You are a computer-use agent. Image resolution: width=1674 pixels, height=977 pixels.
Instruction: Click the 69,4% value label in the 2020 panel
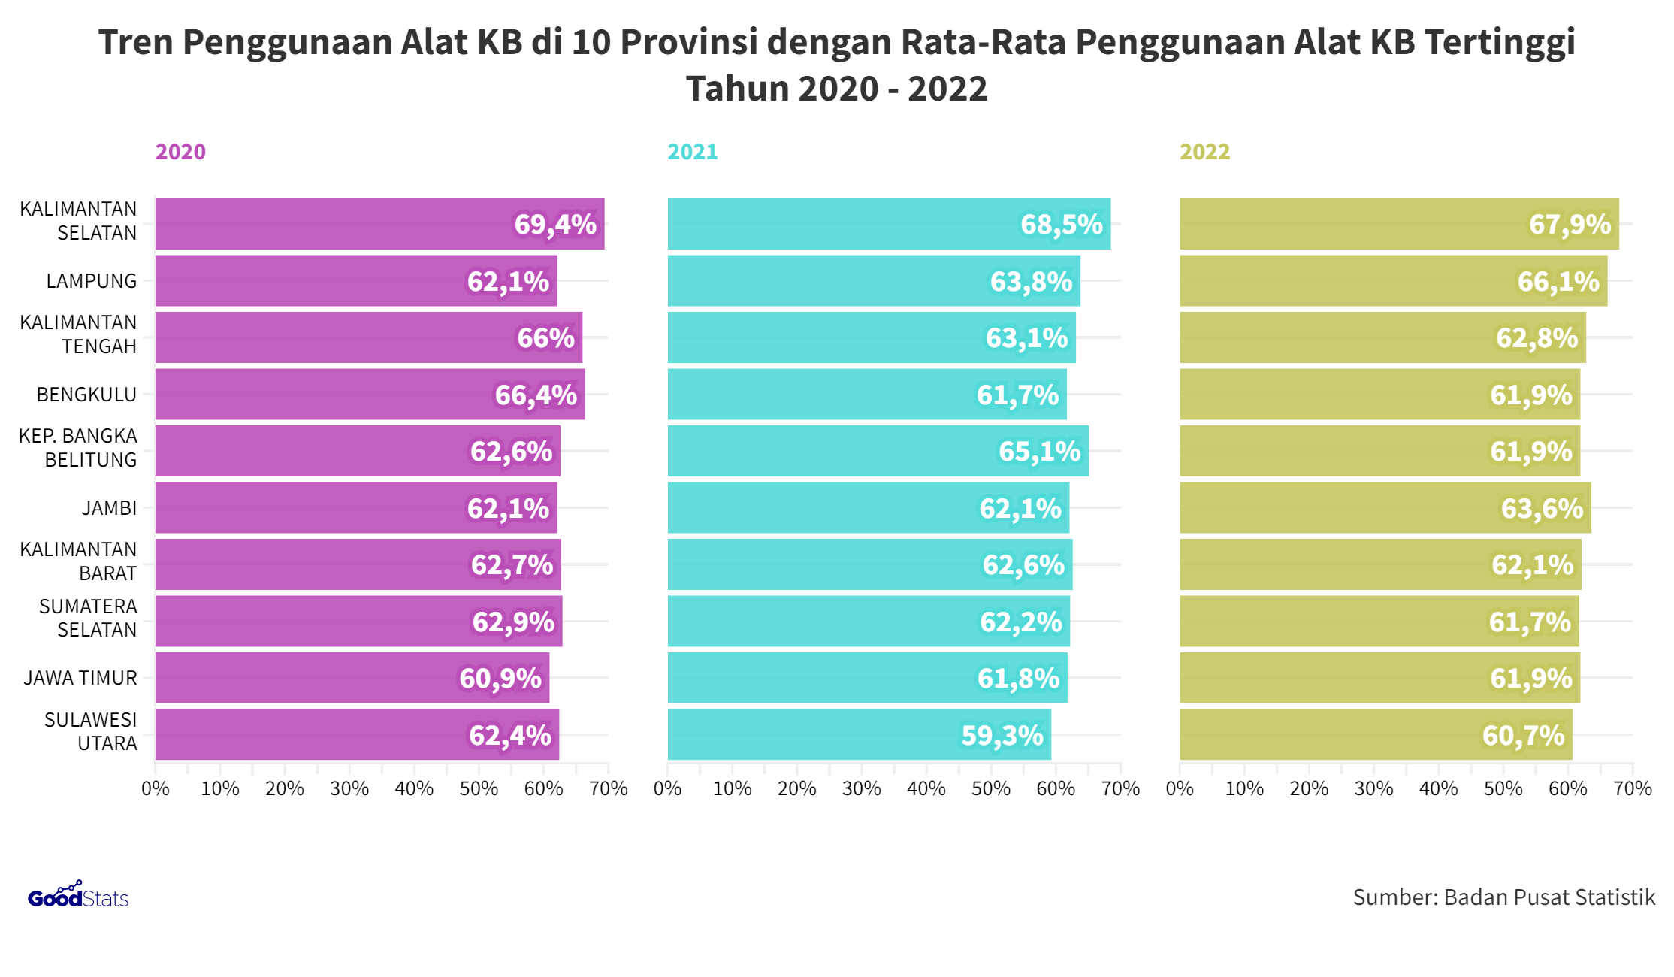click(554, 224)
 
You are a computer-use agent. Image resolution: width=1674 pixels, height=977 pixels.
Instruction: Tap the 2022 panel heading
click(1204, 152)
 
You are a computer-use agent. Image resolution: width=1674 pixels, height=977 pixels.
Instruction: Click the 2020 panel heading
click(180, 152)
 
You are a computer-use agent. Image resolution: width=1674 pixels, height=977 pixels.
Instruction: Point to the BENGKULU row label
click(86, 395)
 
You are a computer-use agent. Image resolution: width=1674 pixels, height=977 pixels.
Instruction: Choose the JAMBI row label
click(109, 508)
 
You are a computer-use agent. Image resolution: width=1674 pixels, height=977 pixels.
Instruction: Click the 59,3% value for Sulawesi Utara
click(1002, 735)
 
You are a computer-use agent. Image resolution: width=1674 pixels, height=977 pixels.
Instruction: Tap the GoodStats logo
click(78, 896)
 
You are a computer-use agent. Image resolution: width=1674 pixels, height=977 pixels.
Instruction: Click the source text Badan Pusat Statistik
click(1503, 897)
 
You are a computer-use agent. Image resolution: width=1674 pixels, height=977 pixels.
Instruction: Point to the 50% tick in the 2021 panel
click(990, 788)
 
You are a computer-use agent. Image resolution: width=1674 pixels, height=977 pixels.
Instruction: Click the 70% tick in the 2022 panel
click(1632, 788)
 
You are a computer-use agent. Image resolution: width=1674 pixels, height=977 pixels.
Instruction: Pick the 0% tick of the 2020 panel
click(156, 788)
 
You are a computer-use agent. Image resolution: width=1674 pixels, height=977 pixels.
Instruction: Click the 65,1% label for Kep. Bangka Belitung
click(1039, 451)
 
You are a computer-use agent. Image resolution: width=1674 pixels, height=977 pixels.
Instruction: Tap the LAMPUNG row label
click(91, 281)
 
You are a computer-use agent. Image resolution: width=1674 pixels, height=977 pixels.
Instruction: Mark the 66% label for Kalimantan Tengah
click(545, 337)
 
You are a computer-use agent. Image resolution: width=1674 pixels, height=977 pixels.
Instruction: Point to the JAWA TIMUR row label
click(80, 678)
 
